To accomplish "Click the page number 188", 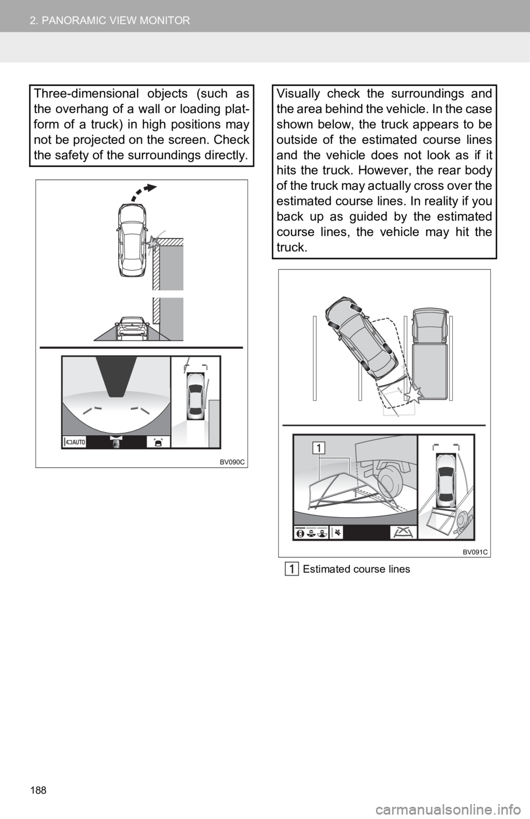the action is tap(38, 790).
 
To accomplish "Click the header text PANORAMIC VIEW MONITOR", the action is tap(116, 20).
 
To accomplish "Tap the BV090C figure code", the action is tap(232, 462).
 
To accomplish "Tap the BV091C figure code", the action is tap(475, 552).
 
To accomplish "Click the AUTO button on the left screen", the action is tap(75, 442).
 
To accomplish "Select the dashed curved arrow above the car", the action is tap(143, 193).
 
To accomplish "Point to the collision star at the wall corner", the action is tap(152, 243).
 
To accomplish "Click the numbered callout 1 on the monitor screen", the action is tap(319, 448).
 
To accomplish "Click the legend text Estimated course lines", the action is tap(357, 569).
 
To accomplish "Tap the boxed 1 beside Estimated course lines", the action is tap(292, 570).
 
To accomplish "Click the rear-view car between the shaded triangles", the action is tap(132, 328).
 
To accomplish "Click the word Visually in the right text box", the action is tap(298, 94).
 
